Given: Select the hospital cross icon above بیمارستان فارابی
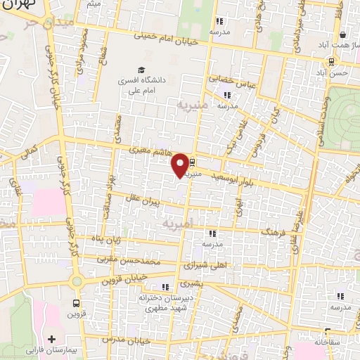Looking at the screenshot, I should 51,339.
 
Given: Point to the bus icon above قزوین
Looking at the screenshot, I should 76,304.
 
